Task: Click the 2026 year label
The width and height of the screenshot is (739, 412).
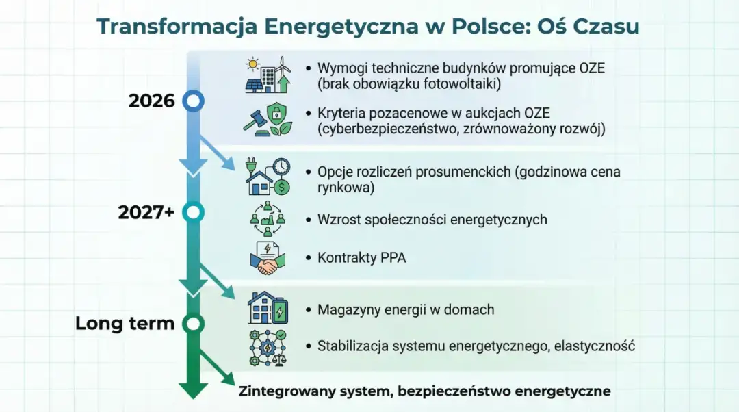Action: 151,101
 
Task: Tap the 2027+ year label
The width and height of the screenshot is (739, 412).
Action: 146,212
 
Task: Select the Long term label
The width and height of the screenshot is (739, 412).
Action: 125,323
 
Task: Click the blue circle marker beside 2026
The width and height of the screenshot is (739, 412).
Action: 194,101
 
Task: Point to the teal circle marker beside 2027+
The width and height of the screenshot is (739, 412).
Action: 194,212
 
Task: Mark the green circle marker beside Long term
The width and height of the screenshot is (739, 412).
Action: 194,323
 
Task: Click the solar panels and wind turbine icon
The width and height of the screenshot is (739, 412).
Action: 268,75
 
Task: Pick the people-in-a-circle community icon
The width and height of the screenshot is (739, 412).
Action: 268,219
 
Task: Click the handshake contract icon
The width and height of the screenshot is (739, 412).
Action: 268,258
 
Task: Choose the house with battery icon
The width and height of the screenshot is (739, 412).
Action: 268,309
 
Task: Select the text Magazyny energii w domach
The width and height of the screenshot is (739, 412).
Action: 406,309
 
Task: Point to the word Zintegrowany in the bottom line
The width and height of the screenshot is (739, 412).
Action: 280,391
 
